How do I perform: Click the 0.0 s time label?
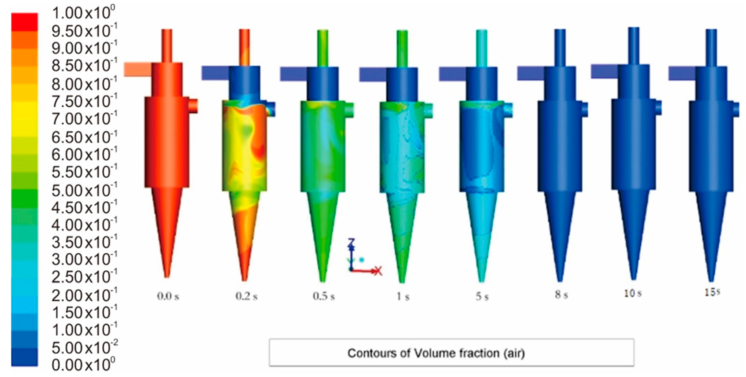click(x=168, y=296)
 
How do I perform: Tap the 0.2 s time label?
click(x=247, y=296)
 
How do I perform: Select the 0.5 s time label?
click(x=324, y=296)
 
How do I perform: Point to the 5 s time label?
click(x=482, y=296)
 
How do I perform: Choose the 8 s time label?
click(x=561, y=295)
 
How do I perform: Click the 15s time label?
click(x=712, y=292)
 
